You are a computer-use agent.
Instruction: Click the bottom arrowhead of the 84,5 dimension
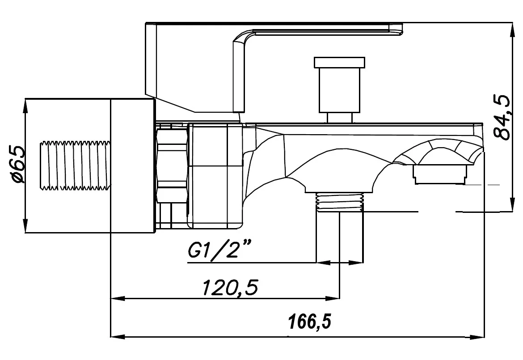pos(512,204)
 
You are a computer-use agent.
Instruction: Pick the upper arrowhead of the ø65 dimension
pos(25,106)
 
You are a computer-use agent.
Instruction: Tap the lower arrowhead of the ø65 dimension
pos(25,226)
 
